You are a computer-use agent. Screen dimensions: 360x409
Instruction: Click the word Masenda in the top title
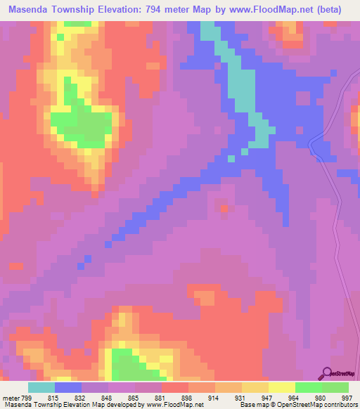[x=34, y=11]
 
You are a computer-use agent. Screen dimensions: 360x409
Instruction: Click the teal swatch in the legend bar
[x=41, y=387]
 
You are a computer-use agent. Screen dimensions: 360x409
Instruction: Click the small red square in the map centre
[x=224, y=208]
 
